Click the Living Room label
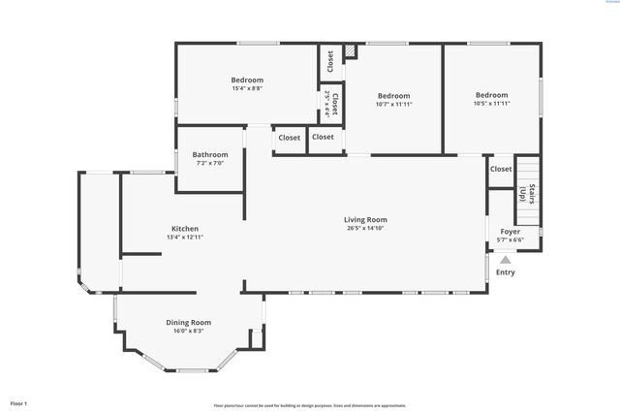(x=365, y=220)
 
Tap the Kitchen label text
(x=184, y=229)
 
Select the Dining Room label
(x=189, y=322)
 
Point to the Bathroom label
(x=210, y=155)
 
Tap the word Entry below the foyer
(x=506, y=272)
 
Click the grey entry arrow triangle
(x=505, y=259)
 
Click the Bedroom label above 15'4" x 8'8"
(x=247, y=80)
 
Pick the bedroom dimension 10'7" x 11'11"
(x=393, y=105)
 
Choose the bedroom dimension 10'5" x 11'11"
(x=491, y=104)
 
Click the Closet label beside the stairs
(x=501, y=169)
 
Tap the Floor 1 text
(x=18, y=402)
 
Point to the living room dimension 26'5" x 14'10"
(x=365, y=229)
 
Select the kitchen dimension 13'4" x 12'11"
(x=184, y=238)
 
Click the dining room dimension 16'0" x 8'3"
(x=189, y=331)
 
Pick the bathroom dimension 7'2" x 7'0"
(x=210, y=164)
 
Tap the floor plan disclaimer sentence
(x=310, y=405)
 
